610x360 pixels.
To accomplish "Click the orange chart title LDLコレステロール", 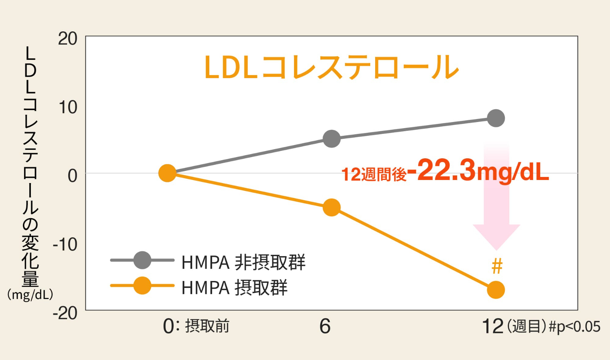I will [x=332, y=67].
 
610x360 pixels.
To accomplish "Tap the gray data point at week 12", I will [x=496, y=118].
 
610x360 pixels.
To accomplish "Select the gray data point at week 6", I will [x=332, y=139].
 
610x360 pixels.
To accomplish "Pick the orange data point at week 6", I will [x=332, y=208].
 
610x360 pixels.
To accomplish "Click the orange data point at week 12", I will [x=496, y=290].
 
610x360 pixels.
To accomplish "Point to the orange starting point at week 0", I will [x=167, y=173].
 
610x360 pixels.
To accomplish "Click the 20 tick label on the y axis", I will [x=67, y=39].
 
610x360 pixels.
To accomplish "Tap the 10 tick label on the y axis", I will [x=67, y=108].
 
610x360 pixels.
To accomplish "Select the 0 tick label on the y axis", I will [x=72, y=176].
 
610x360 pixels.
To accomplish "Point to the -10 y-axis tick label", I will [x=65, y=244].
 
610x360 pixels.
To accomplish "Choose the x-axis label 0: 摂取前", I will [x=196, y=326].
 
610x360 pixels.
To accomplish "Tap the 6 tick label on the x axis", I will [x=325, y=326].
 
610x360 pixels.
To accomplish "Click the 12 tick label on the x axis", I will [x=493, y=326].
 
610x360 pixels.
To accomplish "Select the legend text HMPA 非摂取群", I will [x=243, y=262].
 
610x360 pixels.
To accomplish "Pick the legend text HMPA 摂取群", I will [x=234, y=288].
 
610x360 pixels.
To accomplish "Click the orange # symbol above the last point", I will [x=497, y=266].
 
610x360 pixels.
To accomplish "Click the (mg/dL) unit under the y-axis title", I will [x=30, y=295].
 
